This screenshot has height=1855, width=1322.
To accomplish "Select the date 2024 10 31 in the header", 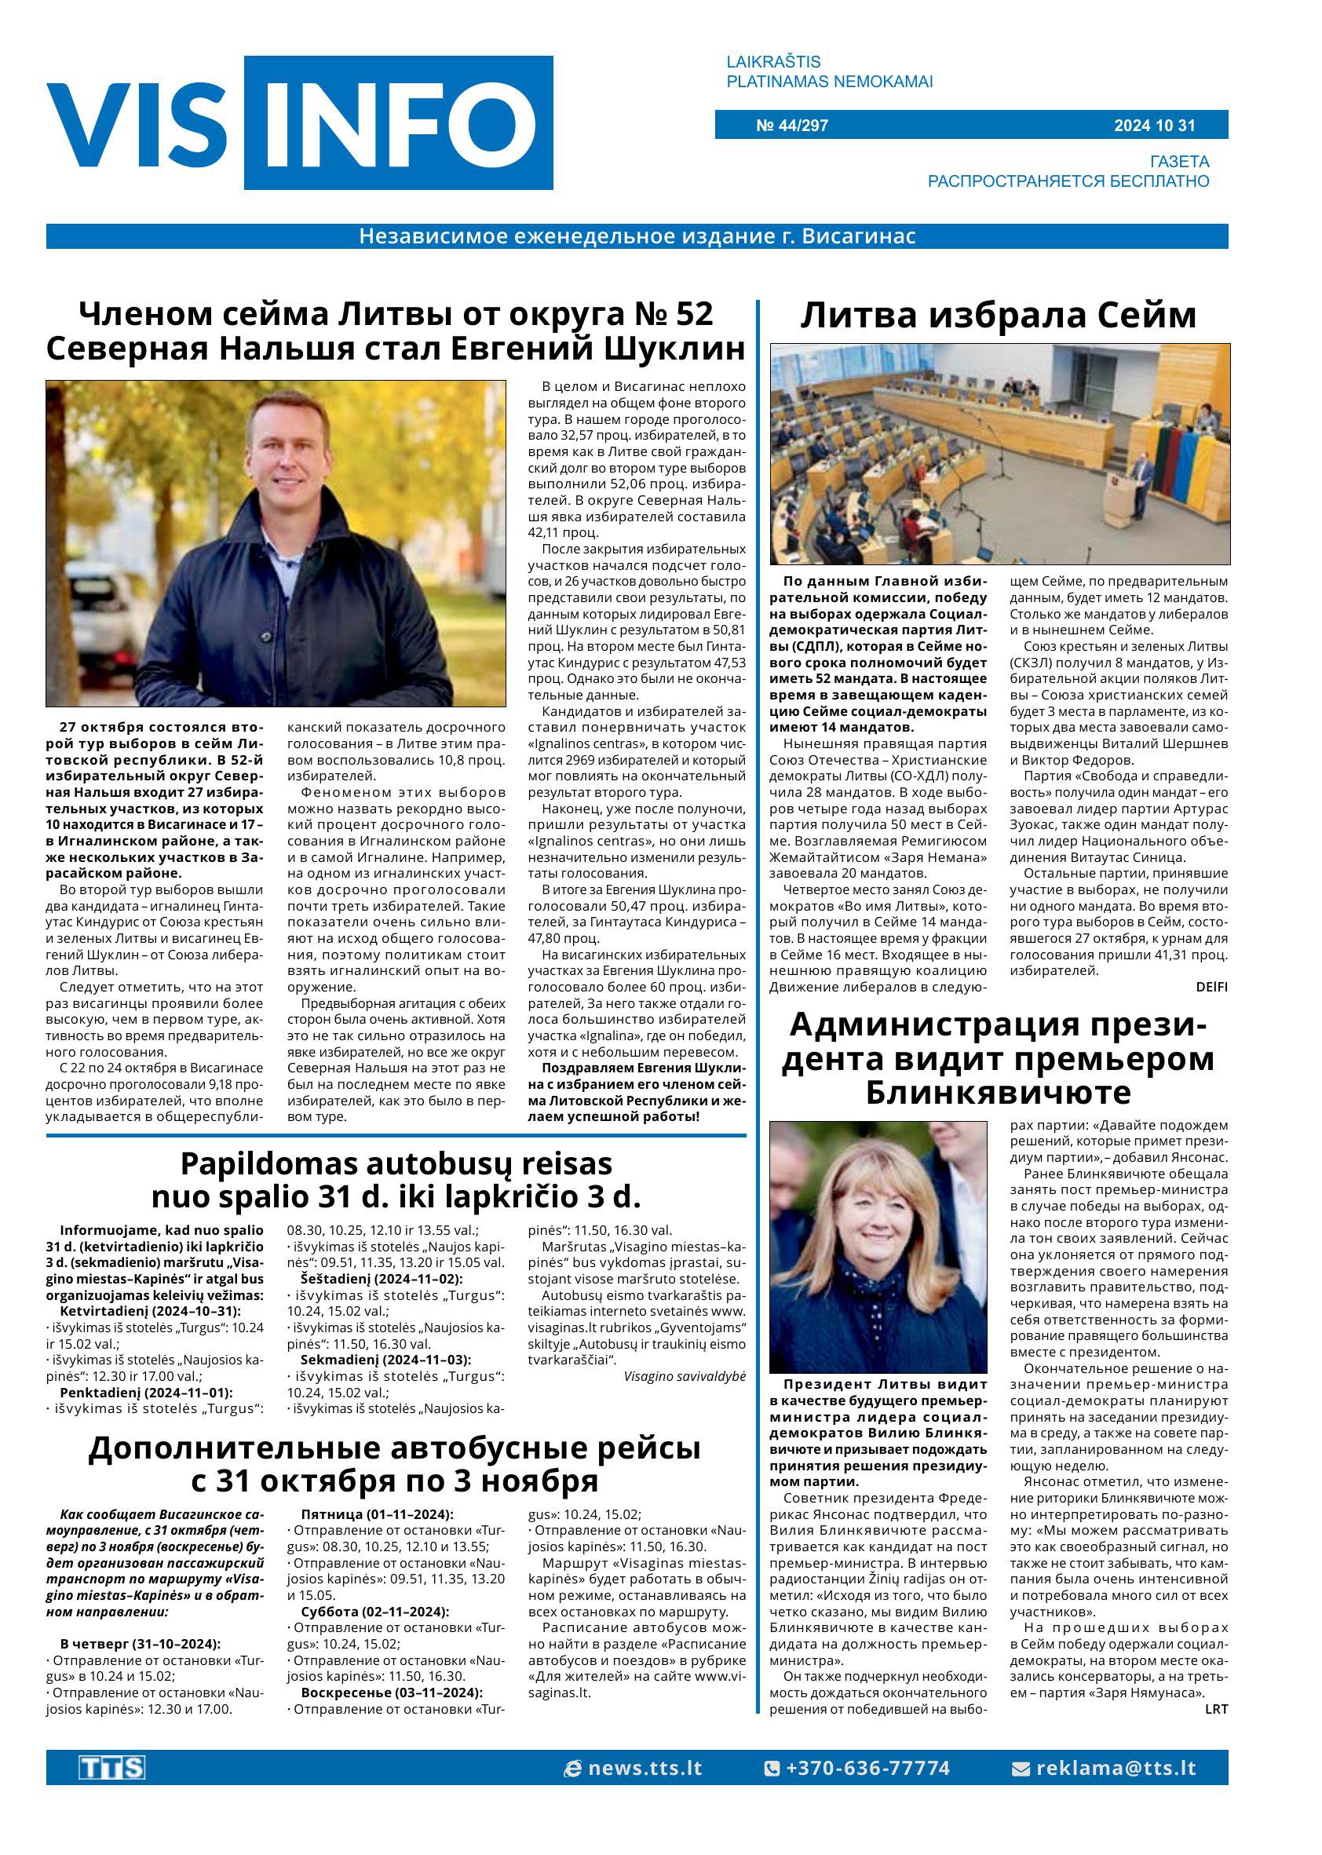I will click(1154, 126).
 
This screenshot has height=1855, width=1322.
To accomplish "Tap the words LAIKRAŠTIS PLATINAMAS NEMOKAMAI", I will click(829, 71).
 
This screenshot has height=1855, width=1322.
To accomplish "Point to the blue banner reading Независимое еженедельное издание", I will click(637, 237).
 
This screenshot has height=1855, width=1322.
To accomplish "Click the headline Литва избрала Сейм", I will click(998, 316).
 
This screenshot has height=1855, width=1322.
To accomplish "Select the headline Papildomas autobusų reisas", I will click(396, 1163).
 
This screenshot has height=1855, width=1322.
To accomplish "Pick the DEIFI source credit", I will click(1211, 988).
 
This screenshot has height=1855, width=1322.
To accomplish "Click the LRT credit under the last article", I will click(1215, 1709).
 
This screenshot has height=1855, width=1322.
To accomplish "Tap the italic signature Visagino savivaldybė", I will click(685, 1376).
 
